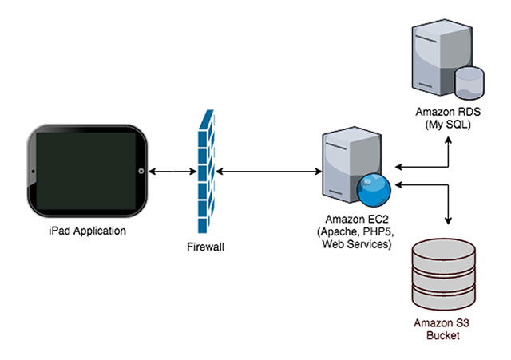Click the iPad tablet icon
pyautogui.click(x=87, y=171)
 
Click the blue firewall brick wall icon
pyautogui.click(x=205, y=172)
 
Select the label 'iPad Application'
pyautogui.click(x=88, y=231)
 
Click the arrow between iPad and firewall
pyautogui.click(x=173, y=171)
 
